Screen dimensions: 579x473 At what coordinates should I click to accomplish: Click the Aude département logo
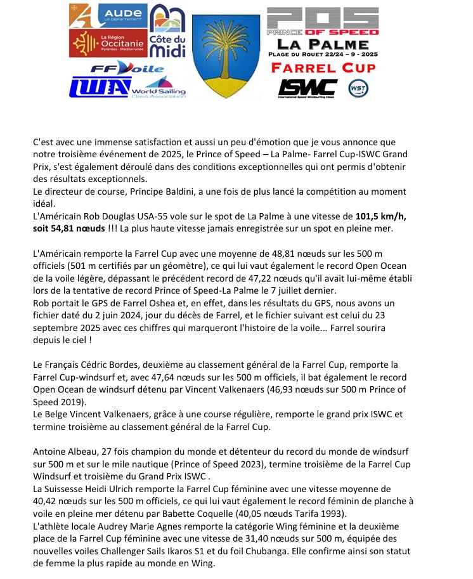click(x=107, y=15)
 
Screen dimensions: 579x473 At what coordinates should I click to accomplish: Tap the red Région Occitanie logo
click(x=107, y=42)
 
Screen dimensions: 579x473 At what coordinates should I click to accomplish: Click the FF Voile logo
click(x=127, y=68)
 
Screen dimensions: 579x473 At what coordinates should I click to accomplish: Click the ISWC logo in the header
click(x=308, y=87)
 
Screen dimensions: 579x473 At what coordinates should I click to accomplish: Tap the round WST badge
click(x=358, y=88)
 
